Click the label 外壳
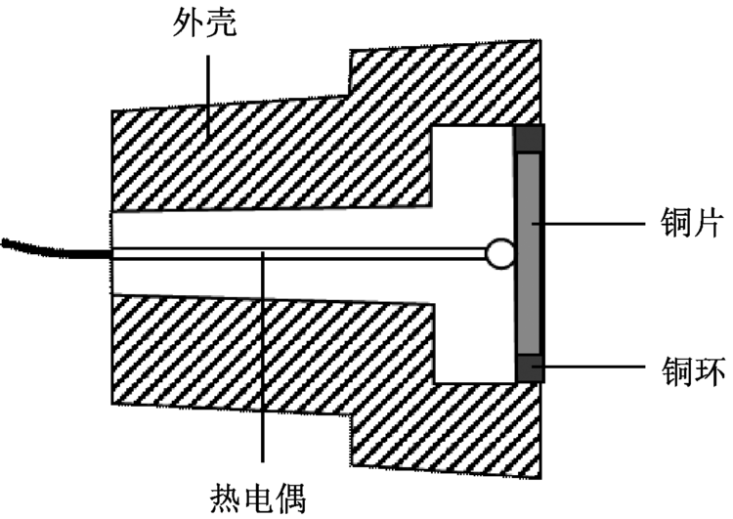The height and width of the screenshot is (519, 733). pyautogui.click(x=204, y=21)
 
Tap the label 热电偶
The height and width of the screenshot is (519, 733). pyautogui.click(x=260, y=497)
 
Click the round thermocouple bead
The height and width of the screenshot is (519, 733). pyautogui.click(x=500, y=254)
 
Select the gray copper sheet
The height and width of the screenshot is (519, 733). pyautogui.click(x=530, y=254)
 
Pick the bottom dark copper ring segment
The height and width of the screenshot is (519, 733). pyautogui.click(x=530, y=368)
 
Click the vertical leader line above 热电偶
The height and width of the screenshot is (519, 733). pyautogui.click(x=262, y=362)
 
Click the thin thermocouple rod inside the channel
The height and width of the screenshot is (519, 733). pyautogui.click(x=293, y=254)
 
